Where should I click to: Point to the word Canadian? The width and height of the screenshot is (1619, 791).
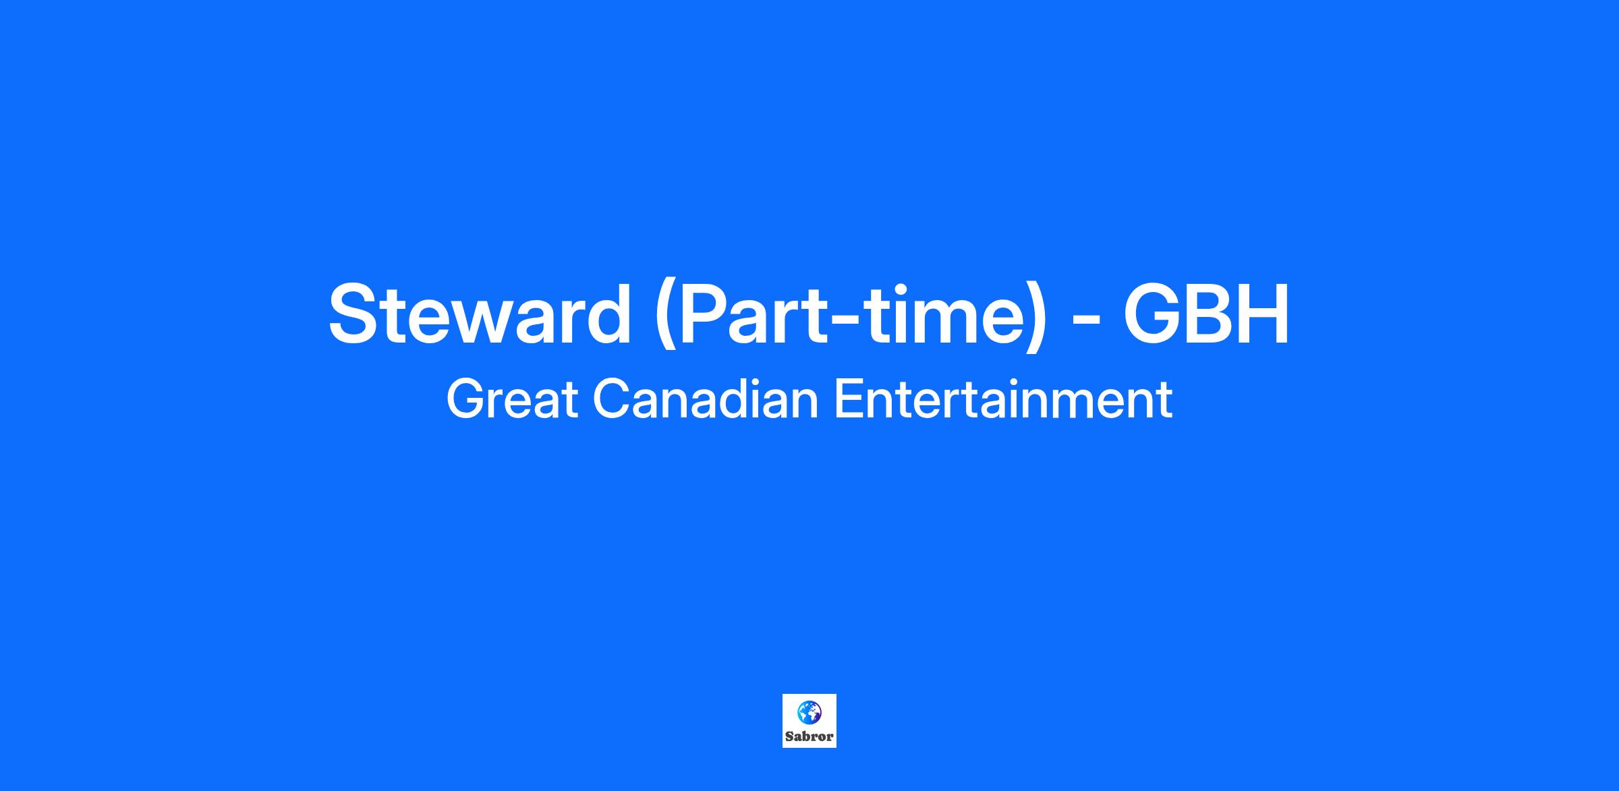tap(706, 400)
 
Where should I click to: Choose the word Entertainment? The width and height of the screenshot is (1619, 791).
tap(1003, 400)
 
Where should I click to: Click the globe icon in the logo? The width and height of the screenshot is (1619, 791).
tap(809, 711)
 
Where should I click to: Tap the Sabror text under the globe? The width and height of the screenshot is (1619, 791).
tap(809, 736)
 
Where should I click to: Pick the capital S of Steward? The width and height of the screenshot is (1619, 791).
tap(354, 314)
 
